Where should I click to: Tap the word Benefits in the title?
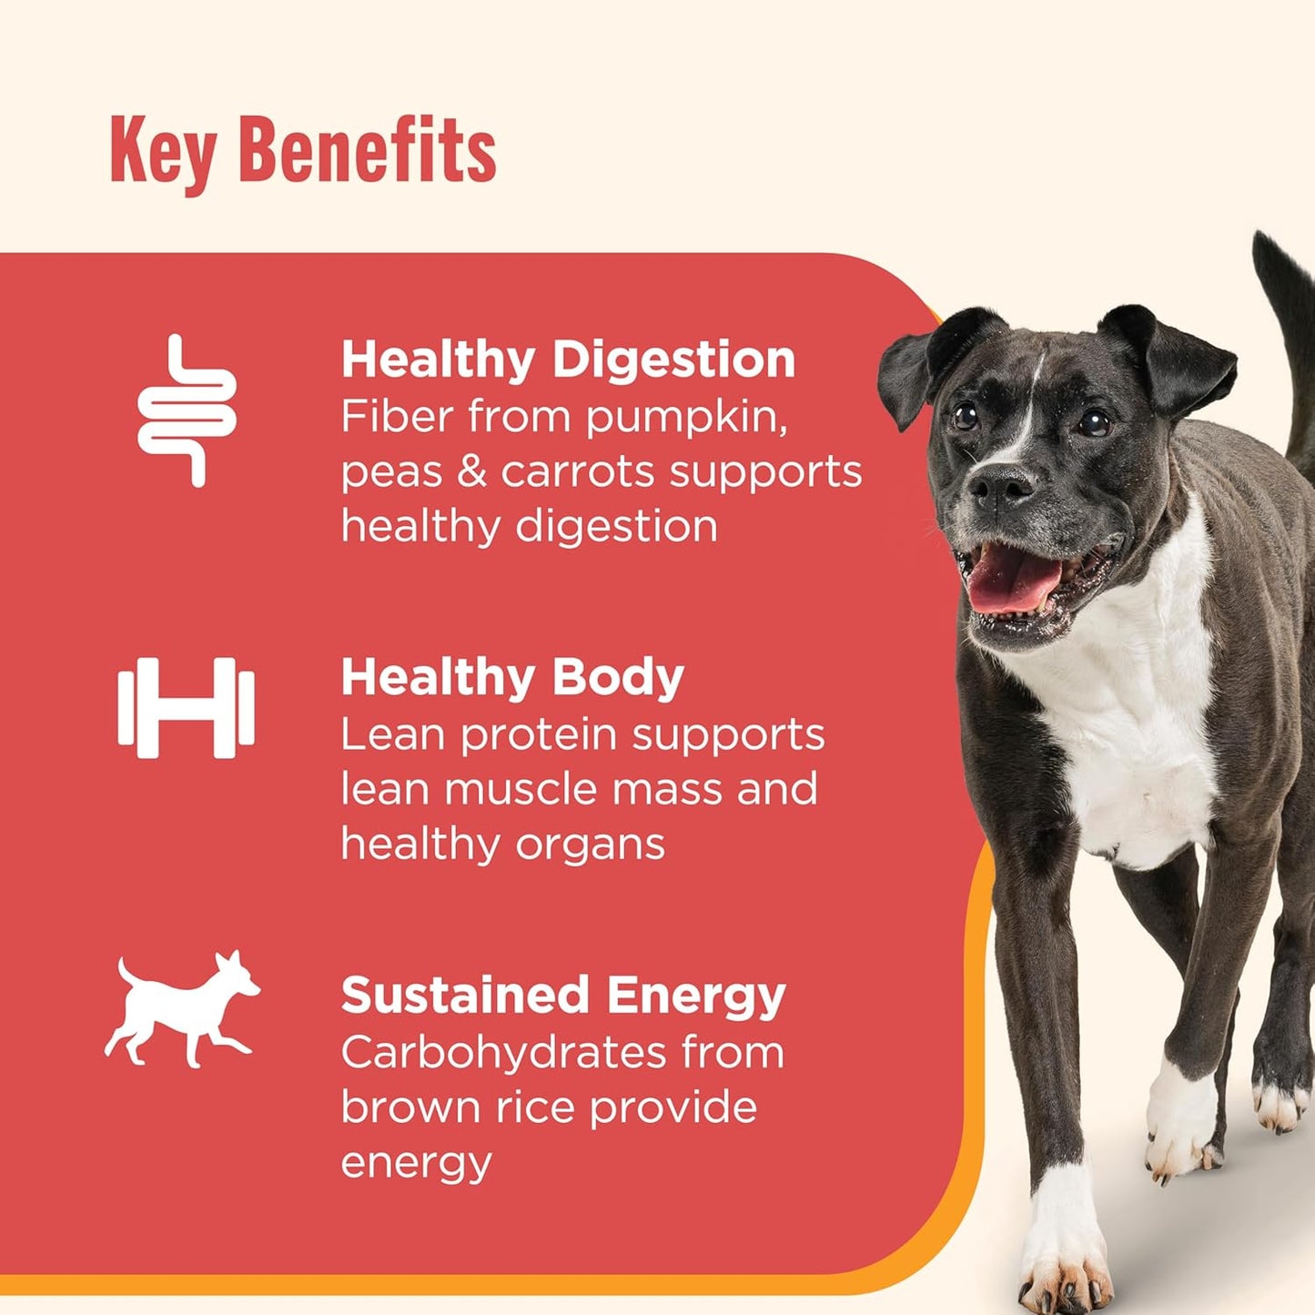coord(367,150)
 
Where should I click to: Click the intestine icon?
coord(187,410)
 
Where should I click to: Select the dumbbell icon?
coord(186,708)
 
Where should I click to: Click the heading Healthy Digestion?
coord(568,359)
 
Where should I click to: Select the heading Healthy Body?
coord(512,678)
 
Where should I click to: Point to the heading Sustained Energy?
coord(563,996)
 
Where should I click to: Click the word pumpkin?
coord(686,419)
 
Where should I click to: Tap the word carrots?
coord(578,471)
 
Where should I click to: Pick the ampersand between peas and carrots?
coord(470,471)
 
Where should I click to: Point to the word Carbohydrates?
coord(504,1052)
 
